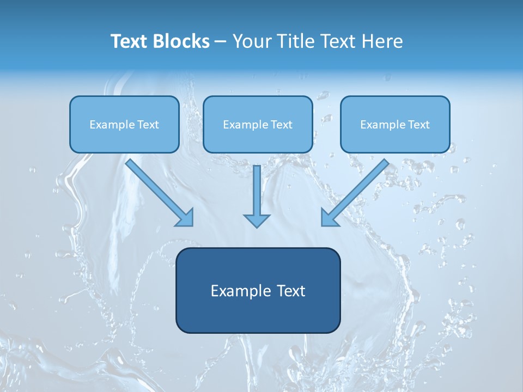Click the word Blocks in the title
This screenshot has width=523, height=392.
click(x=183, y=41)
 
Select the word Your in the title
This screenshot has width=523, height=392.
click(x=251, y=41)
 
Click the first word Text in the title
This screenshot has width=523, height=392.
click(x=131, y=41)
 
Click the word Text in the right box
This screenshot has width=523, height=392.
click(x=418, y=125)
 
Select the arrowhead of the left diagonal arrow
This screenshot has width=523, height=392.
click(x=186, y=218)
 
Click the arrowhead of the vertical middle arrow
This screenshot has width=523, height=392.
click(x=257, y=220)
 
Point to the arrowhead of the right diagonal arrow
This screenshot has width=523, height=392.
click(x=329, y=218)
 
